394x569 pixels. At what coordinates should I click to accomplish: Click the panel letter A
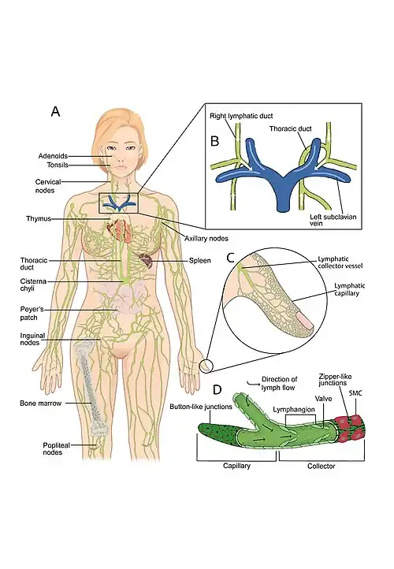pyautogui.click(x=55, y=111)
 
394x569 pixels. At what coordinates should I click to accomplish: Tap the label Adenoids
pyautogui.click(x=53, y=156)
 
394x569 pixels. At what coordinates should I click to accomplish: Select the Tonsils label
pyautogui.click(x=58, y=165)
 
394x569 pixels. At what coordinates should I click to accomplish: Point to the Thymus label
pyautogui.click(x=39, y=219)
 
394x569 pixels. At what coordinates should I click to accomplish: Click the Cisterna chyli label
pyautogui.click(x=33, y=284)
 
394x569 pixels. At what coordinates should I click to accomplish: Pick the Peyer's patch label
pyautogui.click(x=32, y=314)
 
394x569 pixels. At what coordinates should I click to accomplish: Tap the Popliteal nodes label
pyautogui.click(x=56, y=449)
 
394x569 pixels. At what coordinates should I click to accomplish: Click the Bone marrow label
pyautogui.click(x=41, y=404)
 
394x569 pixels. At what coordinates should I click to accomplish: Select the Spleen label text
pyautogui.click(x=199, y=261)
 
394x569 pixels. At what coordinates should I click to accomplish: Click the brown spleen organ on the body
pyautogui.click(x=146, y=260)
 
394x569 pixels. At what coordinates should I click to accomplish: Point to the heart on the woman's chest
pyautogui.click(x=120, y=229)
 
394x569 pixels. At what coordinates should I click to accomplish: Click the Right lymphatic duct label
pyautogui.click(x=241, y=116)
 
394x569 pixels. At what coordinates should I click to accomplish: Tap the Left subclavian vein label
pyautogui.click(x=333, y=220)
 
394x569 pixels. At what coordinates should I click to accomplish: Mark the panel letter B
pyautogui.click(x=215, y=141)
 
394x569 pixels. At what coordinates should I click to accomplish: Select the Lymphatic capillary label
pyautogui.click(x=349, y=289)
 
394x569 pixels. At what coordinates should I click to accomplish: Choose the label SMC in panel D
pyautogui.click(x=355, y=393)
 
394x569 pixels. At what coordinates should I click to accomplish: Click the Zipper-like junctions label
pyautogui.click(x=335, y=380)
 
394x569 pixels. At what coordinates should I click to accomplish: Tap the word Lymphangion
pyautogui.click(x=294, y=409)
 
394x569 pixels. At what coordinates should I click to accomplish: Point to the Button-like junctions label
pyautogui.click(x=201, y=407)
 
